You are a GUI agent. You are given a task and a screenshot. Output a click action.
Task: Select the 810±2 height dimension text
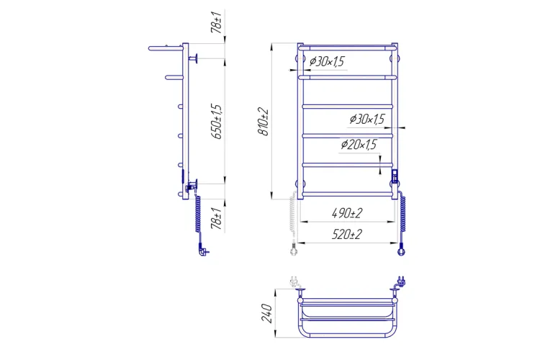click(x=264, y=122)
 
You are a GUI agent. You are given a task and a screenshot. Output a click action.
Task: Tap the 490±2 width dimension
click(x=347, y=214)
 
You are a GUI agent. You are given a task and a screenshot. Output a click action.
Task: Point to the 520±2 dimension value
click(x=347, y=234)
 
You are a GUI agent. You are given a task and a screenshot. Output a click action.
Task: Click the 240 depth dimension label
click(x=267, y=313)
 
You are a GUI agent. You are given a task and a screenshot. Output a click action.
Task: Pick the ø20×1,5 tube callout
click(x=359, y=144)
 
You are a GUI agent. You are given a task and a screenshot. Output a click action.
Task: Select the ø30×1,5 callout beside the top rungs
click(x=327, y=62)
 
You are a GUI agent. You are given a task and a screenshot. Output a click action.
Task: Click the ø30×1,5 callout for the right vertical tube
click(x=367, y=120)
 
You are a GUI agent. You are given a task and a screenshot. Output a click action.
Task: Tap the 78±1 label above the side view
click(x=217, y=22)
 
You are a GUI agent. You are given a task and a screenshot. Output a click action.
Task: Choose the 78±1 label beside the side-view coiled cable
click(x=217, y=218)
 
